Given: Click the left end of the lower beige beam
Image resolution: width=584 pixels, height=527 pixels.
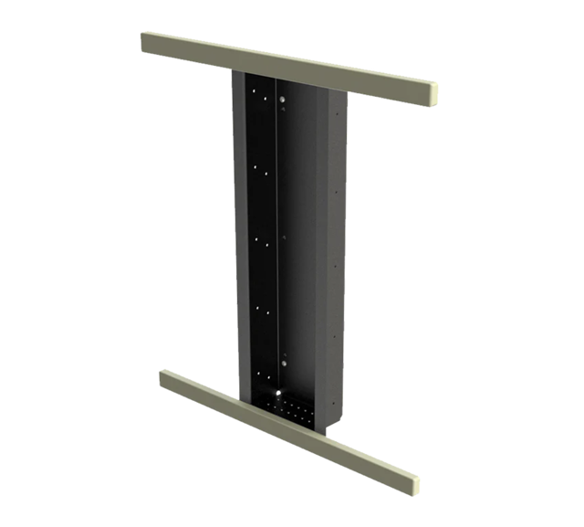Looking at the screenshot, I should click(x=165, y=377).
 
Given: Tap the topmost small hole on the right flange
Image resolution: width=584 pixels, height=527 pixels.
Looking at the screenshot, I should click(x=339, y=114).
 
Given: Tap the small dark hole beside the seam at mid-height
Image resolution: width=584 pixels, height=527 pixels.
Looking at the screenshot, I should click(x=283, y=239).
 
